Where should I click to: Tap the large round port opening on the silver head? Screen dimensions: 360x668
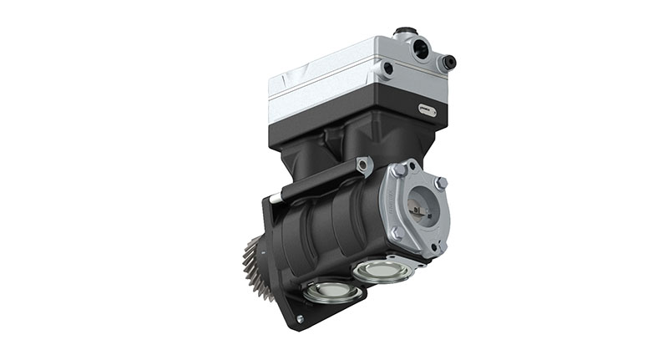[x=420, y=50]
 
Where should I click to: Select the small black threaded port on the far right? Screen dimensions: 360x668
[x=448, y=62]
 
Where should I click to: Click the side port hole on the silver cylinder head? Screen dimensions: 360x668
[x=387, y=68]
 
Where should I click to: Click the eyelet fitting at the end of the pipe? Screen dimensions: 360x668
[x=362, y=166]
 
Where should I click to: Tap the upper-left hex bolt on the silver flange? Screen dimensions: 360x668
[x=399, y=170]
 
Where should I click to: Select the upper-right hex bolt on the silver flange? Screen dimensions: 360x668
[x=441, y=182]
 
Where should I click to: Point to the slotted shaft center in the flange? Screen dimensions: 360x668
[x=420, y=210]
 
